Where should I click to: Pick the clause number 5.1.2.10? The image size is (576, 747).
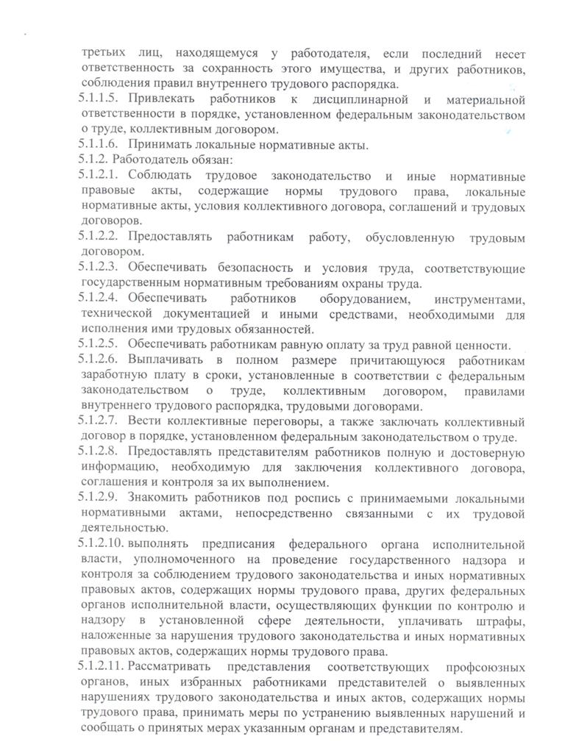pyautogui.click(x=101, y=545)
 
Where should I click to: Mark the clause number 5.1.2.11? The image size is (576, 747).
pyautogui.click(x=101, y=668)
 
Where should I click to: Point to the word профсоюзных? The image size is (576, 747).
pyautogui.click(x=485, y=668)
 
